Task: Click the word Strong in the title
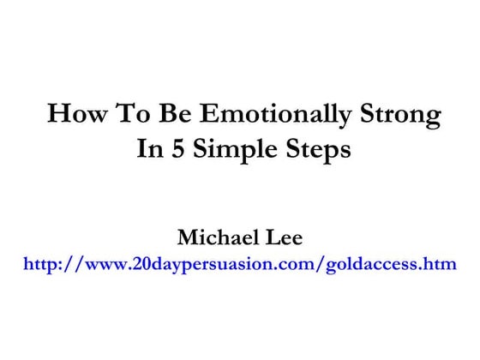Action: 403,115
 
